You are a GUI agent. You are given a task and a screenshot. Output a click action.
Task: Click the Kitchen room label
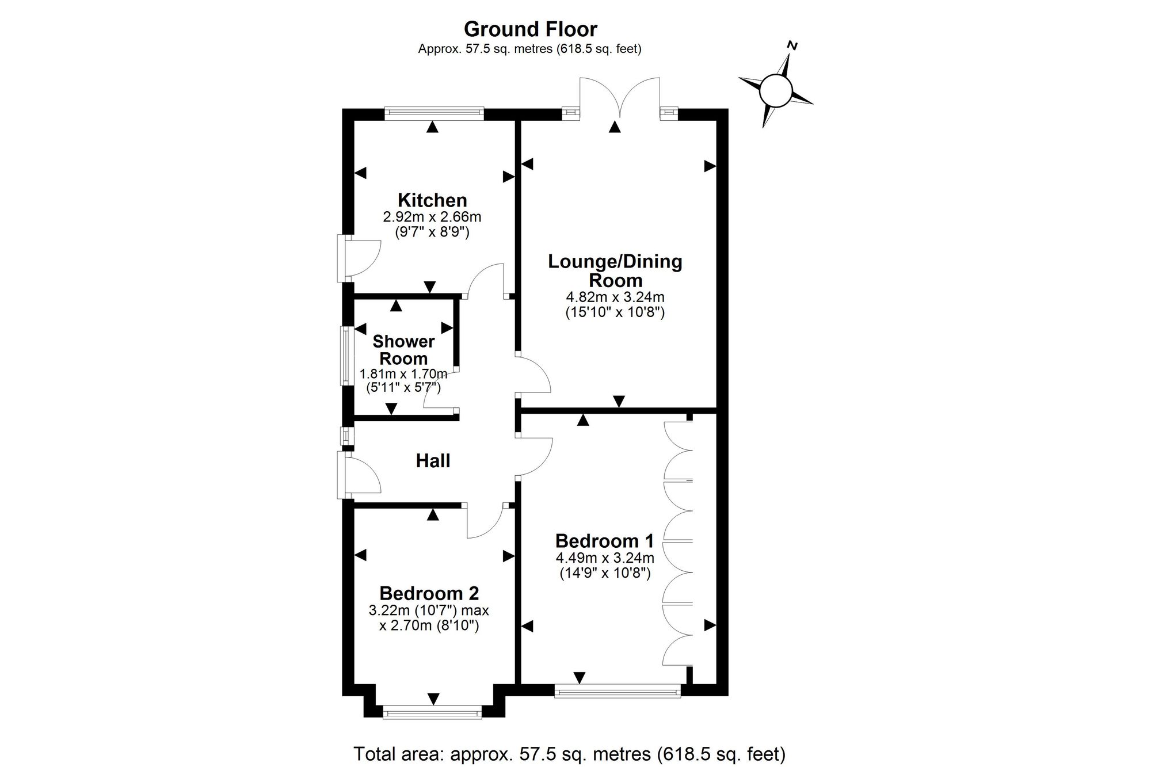pos(432,200)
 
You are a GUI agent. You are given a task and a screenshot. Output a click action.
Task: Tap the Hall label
pos(433,460)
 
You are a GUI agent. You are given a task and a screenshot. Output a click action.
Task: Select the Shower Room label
pos(403,349)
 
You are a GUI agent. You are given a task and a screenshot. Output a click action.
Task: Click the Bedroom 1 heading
pos(604,541)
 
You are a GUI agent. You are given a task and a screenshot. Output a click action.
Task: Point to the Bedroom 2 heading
pos(429,593)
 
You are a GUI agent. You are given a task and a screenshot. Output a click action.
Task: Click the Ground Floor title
pos(530,29)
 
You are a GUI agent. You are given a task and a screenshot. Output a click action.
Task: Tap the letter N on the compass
pos(792,46)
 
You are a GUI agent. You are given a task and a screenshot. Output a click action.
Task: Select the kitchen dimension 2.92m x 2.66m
pos(432,217)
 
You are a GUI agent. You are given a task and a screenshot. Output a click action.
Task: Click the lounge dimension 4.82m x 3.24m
pos(615,297)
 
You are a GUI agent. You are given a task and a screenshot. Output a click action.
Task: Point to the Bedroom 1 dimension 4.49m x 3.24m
pos(605,558)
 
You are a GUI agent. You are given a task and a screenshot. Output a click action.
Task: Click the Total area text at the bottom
pos(569,753)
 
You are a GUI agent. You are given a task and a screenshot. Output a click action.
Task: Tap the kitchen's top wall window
pos(434,113)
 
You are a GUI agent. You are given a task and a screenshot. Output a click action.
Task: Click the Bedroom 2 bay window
pos(432,713)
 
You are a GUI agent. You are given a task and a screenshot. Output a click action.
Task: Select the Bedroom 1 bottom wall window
pos(618,690)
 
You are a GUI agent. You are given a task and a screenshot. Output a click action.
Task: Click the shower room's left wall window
pos(345,355)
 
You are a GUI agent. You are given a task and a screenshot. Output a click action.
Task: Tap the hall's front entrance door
pos(359,475)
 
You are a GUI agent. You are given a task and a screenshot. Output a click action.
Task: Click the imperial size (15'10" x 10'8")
pos(615,312)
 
